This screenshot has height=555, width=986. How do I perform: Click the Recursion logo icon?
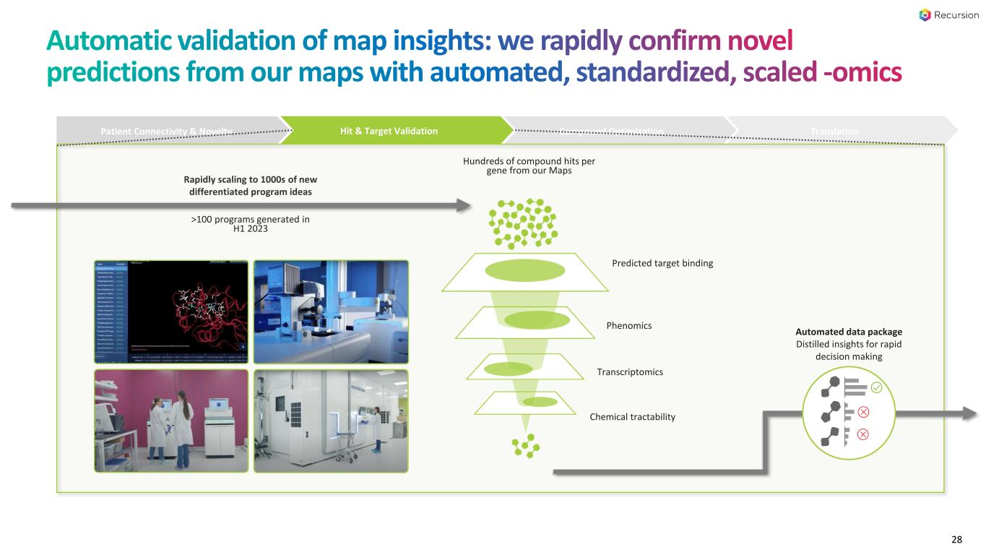925,15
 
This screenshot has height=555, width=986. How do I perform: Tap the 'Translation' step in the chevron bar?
834,131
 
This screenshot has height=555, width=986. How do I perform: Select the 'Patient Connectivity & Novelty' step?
167,131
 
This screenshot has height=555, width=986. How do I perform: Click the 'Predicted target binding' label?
662,263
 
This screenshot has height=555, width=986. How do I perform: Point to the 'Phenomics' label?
629,326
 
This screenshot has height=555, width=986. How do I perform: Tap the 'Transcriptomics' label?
630,372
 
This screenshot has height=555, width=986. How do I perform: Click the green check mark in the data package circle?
876,388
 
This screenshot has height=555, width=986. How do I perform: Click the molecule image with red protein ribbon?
171,311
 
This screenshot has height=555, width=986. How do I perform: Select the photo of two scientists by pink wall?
171,421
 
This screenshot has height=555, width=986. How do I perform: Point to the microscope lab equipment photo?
331,311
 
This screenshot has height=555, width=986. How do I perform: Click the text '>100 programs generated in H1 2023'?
251,225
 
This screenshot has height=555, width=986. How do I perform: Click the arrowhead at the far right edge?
970,413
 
